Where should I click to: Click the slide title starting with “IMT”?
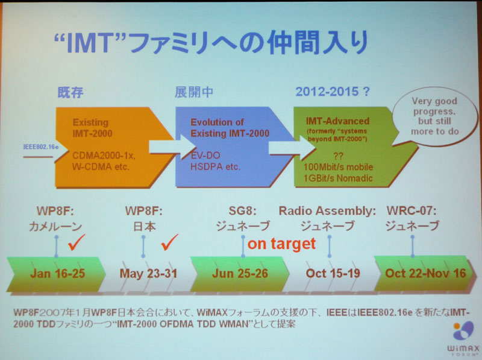[x=211, y=42]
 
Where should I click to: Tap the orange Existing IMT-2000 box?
[x=114, y=147]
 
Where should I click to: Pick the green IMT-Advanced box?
[x=354, y=147]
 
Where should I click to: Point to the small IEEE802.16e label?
[x=41, y=147]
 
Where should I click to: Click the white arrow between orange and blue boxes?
[x=172, y=147]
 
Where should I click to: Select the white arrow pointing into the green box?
[x=292, y=148]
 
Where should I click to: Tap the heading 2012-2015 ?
[x=333, y=92]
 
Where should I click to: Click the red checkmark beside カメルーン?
[x=77, y=242]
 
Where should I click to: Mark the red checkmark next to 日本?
[x=170, y=242]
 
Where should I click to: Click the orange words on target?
[x=281, y=244]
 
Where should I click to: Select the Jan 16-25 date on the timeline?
[x=57, y=273]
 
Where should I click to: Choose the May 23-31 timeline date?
[x=148, y=273]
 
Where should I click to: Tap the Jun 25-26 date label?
[x=240, y=273]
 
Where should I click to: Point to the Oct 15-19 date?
[x=333, y=273]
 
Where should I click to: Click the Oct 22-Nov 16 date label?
[x=425, y=273]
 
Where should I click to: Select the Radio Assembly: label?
[x=327, y=211]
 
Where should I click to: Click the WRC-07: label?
[x=412, y=211]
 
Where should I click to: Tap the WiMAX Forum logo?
[x=463, y=338]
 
